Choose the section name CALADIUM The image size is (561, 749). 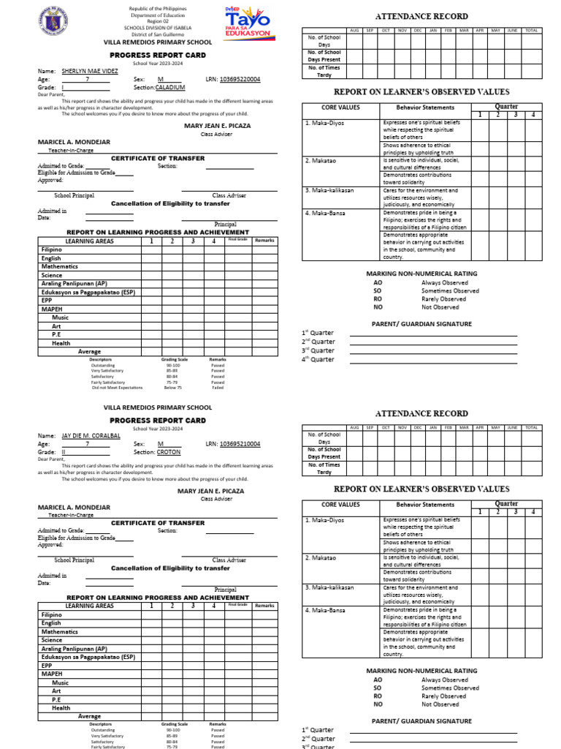(170, 87)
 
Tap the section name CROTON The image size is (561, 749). (168, 453)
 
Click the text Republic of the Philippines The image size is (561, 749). (159, 9)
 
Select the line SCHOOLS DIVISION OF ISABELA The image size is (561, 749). (159, 28)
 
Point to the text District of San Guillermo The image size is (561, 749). (159, 34)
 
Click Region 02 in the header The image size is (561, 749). (159, 21)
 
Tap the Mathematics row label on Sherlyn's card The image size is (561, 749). (59, 267)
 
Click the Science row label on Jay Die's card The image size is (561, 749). (52, 640)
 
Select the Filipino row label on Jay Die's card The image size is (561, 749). (52, 615)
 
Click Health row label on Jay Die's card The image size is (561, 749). (61, 708)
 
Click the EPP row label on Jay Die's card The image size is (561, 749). (47, 666)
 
